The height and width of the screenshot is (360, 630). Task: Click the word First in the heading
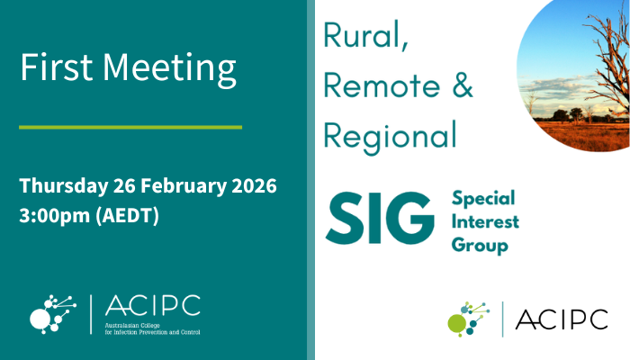point(56,68)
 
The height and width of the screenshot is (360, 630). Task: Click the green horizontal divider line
point(130,127)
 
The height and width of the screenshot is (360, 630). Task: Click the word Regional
point(390,135)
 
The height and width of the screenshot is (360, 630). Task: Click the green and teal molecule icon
point(469,319)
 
